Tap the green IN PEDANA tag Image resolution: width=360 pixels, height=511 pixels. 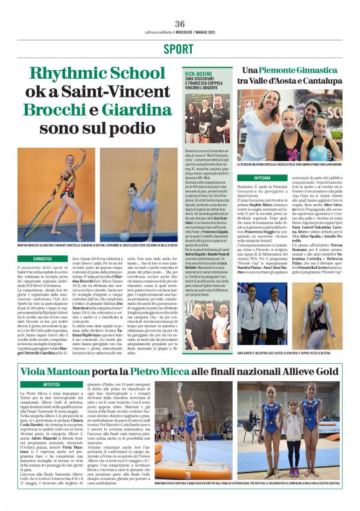(250, 178)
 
